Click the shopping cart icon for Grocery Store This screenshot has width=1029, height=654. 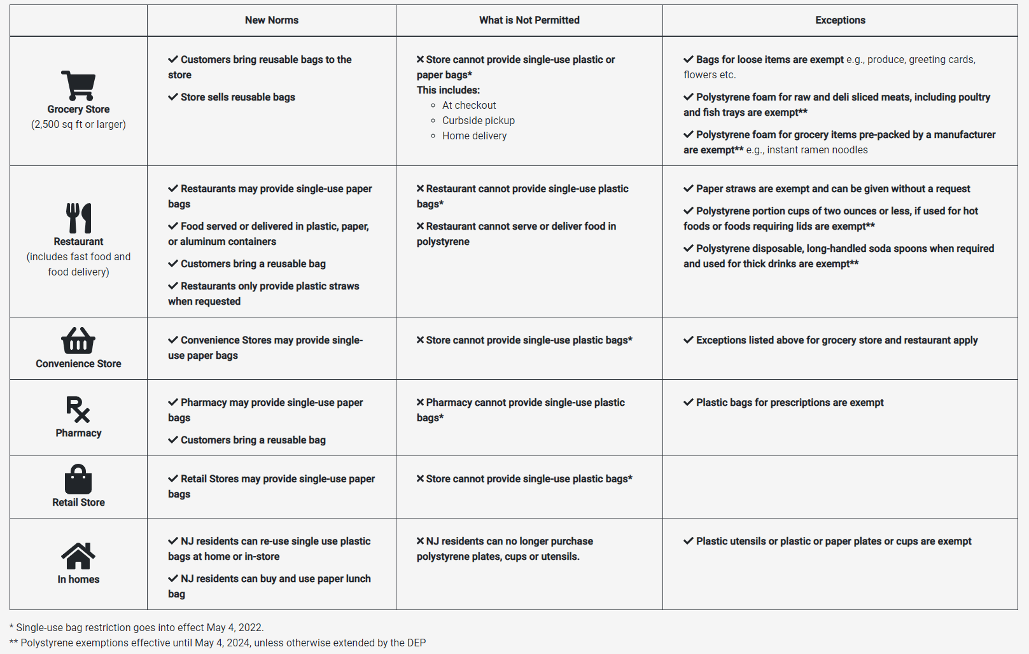78,85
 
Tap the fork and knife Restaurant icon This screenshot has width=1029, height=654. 78,218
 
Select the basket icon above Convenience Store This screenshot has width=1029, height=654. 78,341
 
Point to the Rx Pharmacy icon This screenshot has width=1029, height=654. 78,410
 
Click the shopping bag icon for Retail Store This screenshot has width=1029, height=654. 78,480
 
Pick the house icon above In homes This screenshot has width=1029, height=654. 78,556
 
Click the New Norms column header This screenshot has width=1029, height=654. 272,20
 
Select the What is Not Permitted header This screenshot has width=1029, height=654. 529,20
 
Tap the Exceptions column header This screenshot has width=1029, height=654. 840,20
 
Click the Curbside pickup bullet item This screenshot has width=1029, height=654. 478,120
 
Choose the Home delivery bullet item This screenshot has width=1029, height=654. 474,136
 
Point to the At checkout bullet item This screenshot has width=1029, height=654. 469,105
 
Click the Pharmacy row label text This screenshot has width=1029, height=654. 78,433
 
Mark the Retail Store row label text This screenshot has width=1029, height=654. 78,503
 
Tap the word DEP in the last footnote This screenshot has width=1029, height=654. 416,643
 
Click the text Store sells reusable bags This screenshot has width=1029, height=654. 237,97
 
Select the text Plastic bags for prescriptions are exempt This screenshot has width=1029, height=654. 789,403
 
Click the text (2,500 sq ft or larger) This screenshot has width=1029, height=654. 78,125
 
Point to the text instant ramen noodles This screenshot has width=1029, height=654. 817,150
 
